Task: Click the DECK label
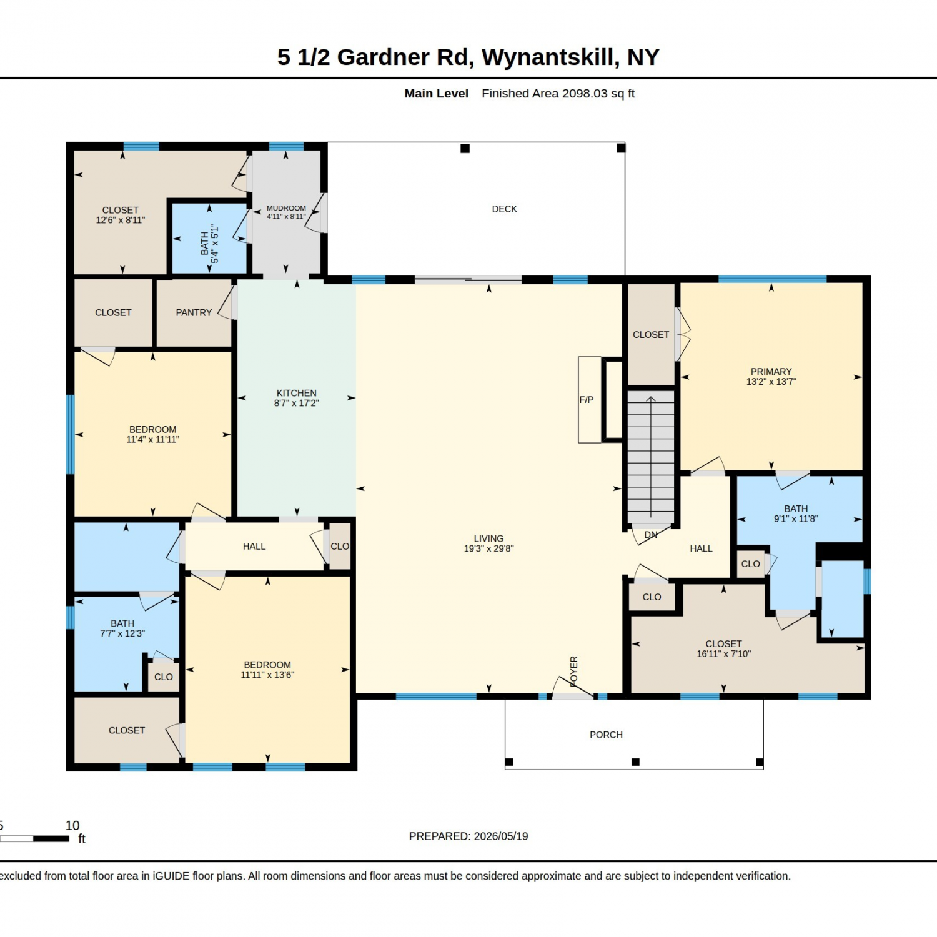point(504,209)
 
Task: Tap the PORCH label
point(606,735)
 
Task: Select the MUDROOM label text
point(286,208)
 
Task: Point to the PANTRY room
point(194,312)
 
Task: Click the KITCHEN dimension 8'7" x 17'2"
point(296,403)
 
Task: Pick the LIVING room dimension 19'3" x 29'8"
point(488,548)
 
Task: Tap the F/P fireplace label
point(586,400)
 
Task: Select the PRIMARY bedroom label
point(771,372)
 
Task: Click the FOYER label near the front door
point(574,671)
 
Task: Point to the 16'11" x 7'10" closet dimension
point(723,654)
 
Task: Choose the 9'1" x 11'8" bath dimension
point(796,518)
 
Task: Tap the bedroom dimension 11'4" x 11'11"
point(152,439)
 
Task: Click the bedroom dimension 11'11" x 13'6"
point(267,675)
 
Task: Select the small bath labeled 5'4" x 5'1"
point(210,239)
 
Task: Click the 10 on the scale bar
point(72,826)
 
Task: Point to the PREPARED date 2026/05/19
point(501,836)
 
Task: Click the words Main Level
point(436,94)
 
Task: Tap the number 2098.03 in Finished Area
point(585,94)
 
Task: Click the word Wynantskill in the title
point(551,57)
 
